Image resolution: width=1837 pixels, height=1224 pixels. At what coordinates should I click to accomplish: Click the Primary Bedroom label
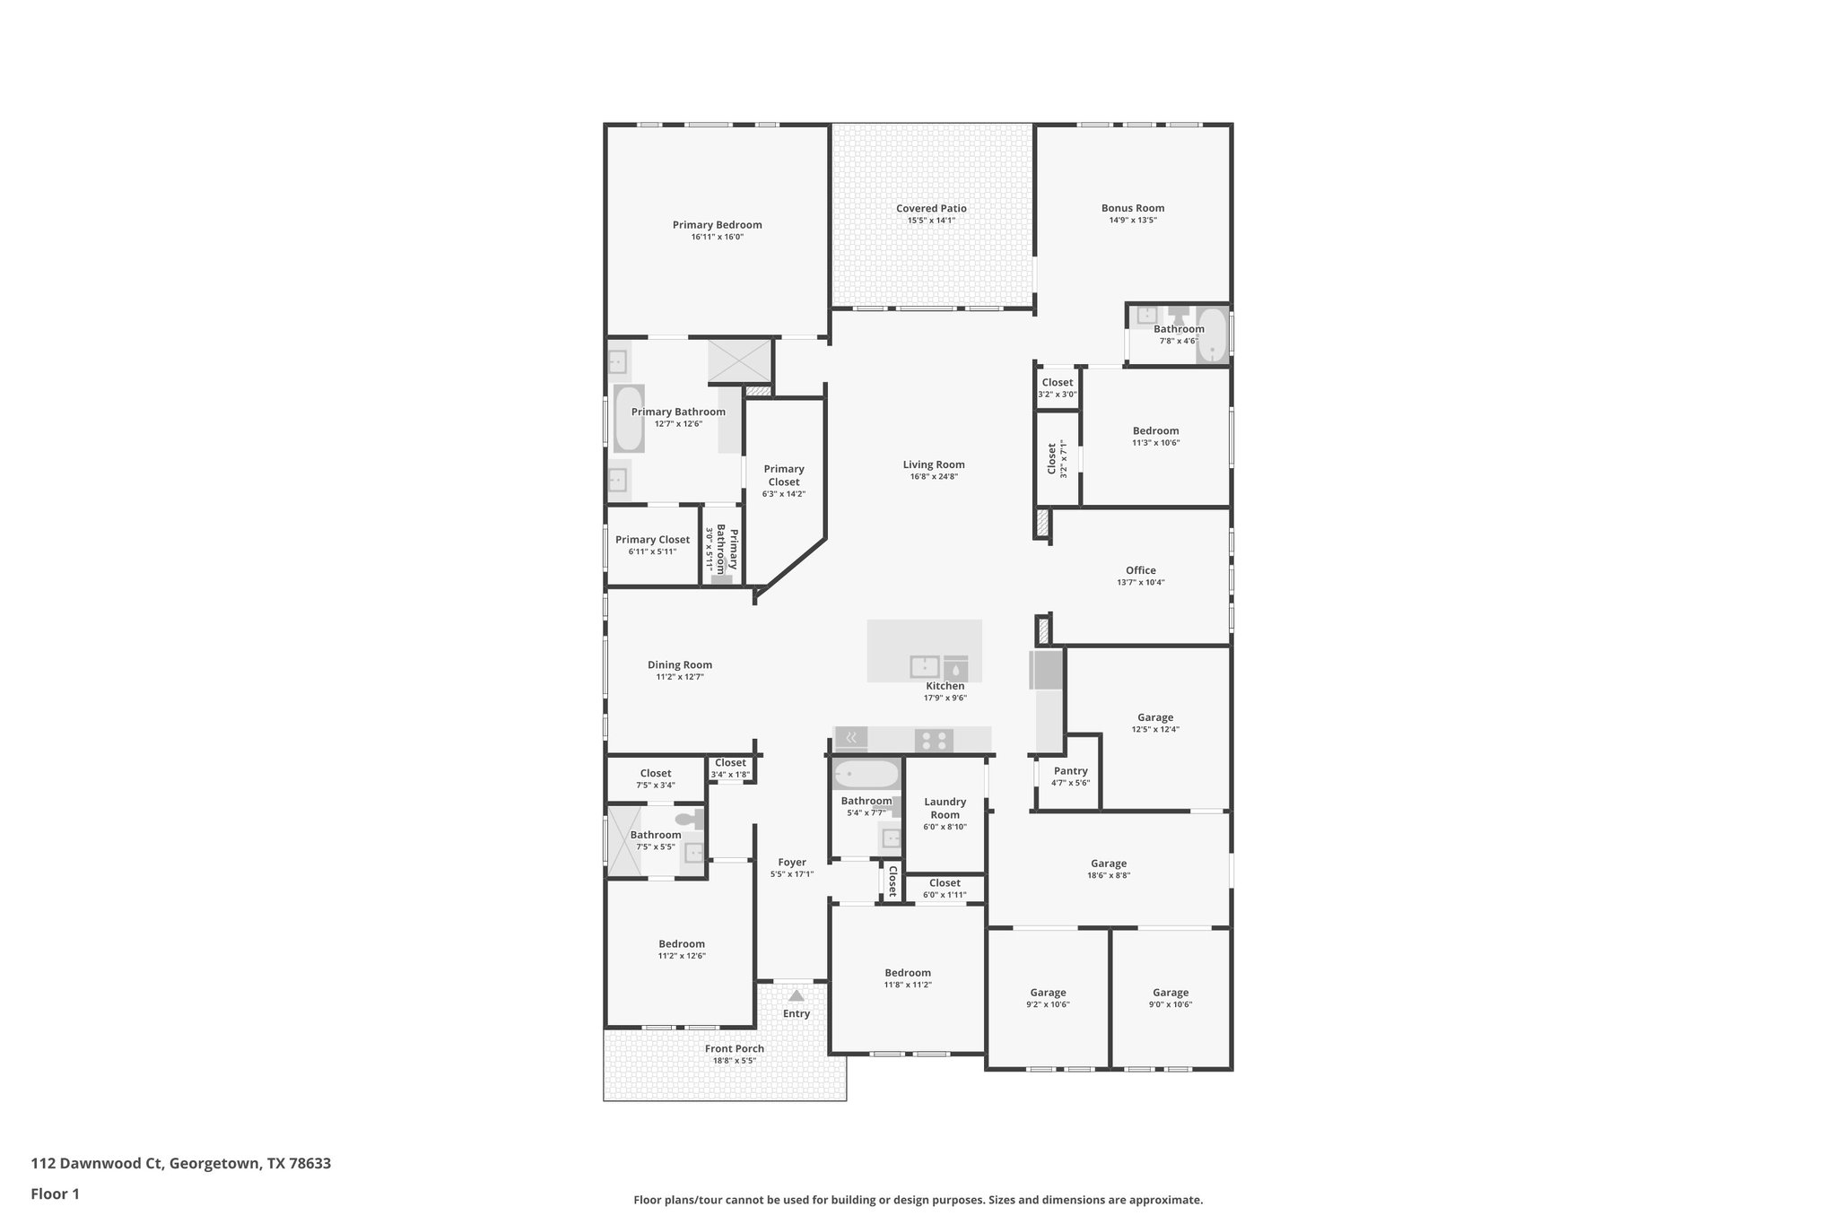point(717,225)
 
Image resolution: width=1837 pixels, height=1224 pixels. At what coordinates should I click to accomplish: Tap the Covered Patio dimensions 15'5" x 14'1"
point(931,221)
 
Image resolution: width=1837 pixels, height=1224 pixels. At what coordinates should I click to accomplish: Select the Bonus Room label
point(1133,208)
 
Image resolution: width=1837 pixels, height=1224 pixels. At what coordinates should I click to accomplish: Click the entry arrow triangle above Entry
point(797,995)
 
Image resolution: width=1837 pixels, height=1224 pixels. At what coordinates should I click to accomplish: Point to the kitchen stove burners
point(934,741)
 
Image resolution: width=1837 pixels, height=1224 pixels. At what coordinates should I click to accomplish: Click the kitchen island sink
point(925,666)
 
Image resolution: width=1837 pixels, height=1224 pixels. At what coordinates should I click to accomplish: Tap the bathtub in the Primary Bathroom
point(628,418)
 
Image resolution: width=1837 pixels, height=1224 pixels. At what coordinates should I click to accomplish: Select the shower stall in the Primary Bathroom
point(740,361)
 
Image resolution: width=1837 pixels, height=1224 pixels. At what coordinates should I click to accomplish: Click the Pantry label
point(1070,771)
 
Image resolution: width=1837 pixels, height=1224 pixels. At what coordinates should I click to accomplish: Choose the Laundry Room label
point(945,808)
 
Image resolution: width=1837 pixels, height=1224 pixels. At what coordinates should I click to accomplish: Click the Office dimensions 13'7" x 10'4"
point(1140,583)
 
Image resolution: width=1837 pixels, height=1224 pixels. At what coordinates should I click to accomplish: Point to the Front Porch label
point(735,1048)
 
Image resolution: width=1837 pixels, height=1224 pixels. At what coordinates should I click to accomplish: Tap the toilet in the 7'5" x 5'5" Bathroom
point(688,819)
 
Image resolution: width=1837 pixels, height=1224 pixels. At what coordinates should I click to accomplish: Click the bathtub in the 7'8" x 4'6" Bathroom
point(1212,334)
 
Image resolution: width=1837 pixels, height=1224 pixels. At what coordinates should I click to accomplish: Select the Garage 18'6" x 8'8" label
point(1109,864)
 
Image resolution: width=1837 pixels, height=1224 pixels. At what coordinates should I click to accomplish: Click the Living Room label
point(934,464)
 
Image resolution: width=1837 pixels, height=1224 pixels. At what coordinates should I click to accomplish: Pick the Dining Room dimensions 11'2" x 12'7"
point(679,677)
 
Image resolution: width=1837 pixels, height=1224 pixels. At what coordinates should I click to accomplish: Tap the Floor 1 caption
point(56,1194)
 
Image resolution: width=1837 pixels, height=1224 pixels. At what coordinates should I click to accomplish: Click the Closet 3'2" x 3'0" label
point(1058,383)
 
